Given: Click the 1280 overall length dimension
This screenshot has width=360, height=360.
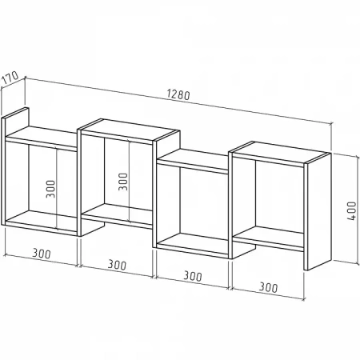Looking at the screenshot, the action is click(x=178, y=94).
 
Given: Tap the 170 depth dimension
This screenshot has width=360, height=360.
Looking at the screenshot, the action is click(x=10, y=78).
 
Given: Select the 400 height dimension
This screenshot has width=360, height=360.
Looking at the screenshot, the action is click(x=352, y=210).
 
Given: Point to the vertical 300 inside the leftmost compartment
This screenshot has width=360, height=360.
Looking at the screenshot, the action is click(x=50, y=189).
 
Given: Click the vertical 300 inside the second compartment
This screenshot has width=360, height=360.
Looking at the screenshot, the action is click(x=123, y=182).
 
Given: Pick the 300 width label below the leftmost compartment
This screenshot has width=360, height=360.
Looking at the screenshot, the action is click(x=42, y=254).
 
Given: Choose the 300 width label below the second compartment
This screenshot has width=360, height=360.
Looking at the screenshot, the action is click(x=117, y=265).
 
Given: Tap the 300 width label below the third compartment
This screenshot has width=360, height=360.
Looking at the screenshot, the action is click(x=193, y=276).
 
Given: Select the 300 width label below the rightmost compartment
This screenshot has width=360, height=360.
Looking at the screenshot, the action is click(x=268, y=287).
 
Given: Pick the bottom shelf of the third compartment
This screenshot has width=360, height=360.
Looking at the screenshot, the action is click(x=192, y=245).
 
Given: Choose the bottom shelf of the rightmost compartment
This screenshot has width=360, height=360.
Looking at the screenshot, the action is click(x=268, y=237).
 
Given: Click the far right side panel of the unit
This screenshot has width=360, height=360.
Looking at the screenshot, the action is click(x=318, y=212).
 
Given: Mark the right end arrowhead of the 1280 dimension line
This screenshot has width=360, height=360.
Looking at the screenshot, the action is click(x=330, y=124).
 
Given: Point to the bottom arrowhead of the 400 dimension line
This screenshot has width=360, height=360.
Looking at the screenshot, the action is click(x=357, y=262).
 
